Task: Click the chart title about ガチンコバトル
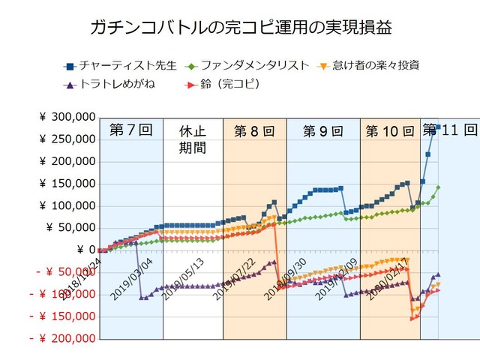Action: point(240,28)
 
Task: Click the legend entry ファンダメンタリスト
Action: point(251,65)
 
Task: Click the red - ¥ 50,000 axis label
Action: point(64,272)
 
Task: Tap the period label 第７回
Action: point(130,129)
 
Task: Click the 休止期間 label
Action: point(190,139)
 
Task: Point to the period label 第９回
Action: point(322,131)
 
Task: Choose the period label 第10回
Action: point(389,131)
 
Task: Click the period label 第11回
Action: point(450,129)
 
